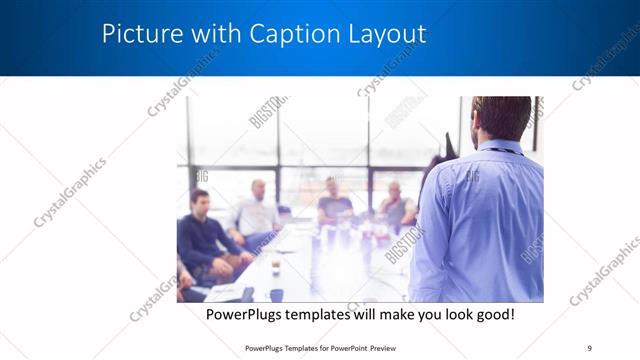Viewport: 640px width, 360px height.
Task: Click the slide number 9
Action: (591, 348)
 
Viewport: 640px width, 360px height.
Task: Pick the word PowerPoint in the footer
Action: (343, 348)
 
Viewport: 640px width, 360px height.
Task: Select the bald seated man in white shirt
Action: (256, 210)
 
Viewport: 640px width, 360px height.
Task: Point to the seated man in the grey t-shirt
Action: (334, 205)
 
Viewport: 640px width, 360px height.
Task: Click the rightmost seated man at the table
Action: (397, 205)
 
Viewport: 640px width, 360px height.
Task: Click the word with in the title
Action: (202, 34)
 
